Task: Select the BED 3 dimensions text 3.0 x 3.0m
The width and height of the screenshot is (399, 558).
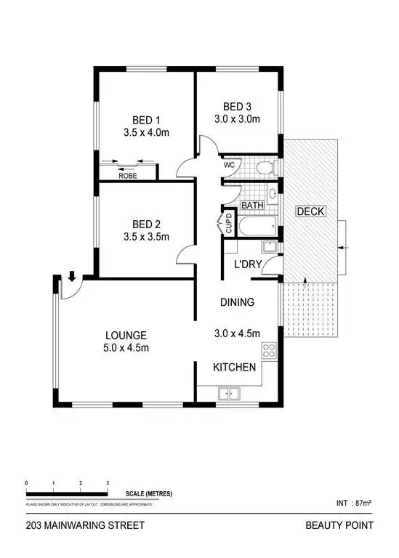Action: pos(236,118)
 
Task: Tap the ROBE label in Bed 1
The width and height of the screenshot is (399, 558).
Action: pos(129,175)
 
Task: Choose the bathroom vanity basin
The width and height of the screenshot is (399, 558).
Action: pos(271,194)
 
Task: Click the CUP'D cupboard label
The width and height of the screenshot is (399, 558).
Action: pos(228,222)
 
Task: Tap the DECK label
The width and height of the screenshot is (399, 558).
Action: pos(310,211)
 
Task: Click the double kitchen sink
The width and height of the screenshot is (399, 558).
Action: pos(230,394)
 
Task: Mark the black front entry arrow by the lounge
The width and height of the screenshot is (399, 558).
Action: pos(72,275)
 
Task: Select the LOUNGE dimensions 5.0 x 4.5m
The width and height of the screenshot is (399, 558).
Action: pos(126,348)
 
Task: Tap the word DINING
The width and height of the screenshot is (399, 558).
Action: pos(237,302)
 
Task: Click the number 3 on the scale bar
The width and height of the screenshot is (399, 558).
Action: pos(108,482)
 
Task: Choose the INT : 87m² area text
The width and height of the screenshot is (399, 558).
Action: pos(353,502)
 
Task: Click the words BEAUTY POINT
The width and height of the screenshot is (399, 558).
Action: pos(346,525)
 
